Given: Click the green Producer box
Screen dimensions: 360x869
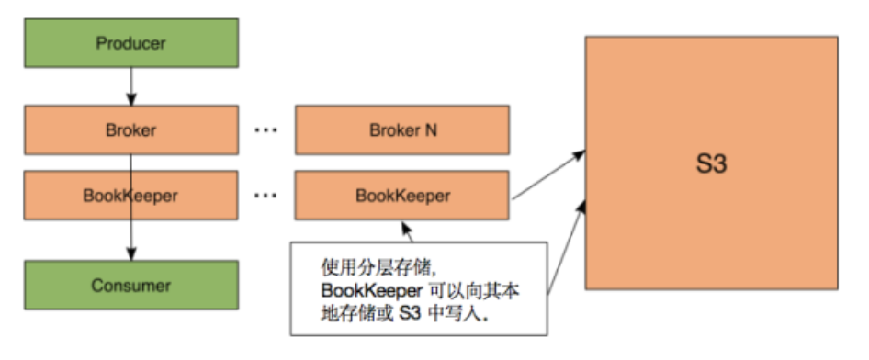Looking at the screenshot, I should (x=130, y=43).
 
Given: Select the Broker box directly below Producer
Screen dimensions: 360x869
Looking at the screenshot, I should (x=130, y=129).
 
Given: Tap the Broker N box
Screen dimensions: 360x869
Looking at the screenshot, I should (x=401, y=129).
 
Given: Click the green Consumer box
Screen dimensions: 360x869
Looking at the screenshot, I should (x=130, y=285).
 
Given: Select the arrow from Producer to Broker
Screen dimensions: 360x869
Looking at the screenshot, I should (x=130, y=86).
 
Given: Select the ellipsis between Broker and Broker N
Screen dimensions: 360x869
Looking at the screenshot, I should (x=265, y=129).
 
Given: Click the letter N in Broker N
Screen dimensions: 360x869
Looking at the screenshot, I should (x=430, y=129).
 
